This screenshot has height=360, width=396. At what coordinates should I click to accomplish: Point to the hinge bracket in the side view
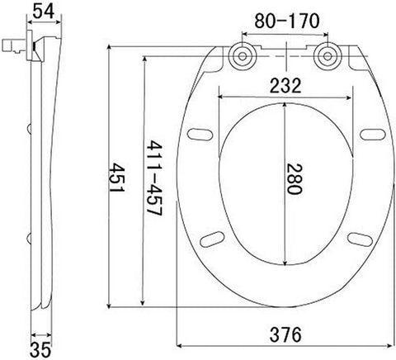coord(16,45)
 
